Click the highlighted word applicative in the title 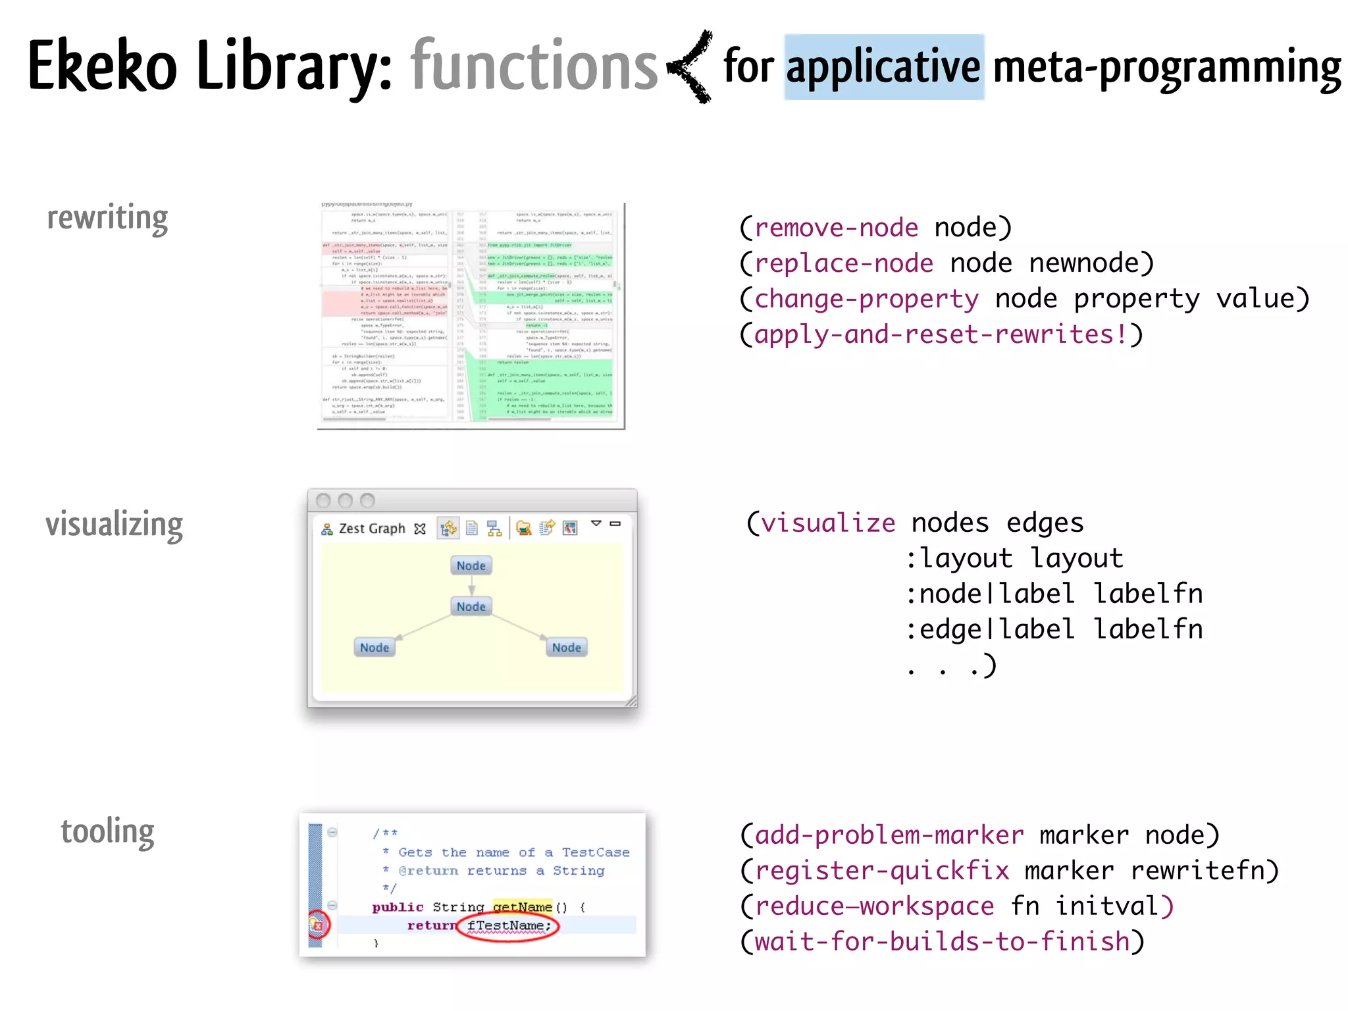(x=883, y=67)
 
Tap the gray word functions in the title (x=534, y=66)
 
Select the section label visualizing (x=114, y=525)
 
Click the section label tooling (x=107, y=832)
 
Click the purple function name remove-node (x=836, y=228)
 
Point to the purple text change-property (x=866, y=299)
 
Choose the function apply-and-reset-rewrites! (x=941, y=334)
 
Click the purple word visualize (x=828, y=523)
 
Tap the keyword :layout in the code (x=959, y=559)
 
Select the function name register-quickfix (x=882, y=871)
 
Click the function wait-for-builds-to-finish (x=942, y=942)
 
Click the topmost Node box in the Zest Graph (x=471, y=565)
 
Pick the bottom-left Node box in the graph (x=375, y=648)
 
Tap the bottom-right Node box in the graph (x=566, y=648)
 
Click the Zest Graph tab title (x=372, y=529)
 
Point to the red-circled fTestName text (x=507, y=926)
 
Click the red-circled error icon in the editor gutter (x=318, y=925)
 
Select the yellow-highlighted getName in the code (x=522, y=907)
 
